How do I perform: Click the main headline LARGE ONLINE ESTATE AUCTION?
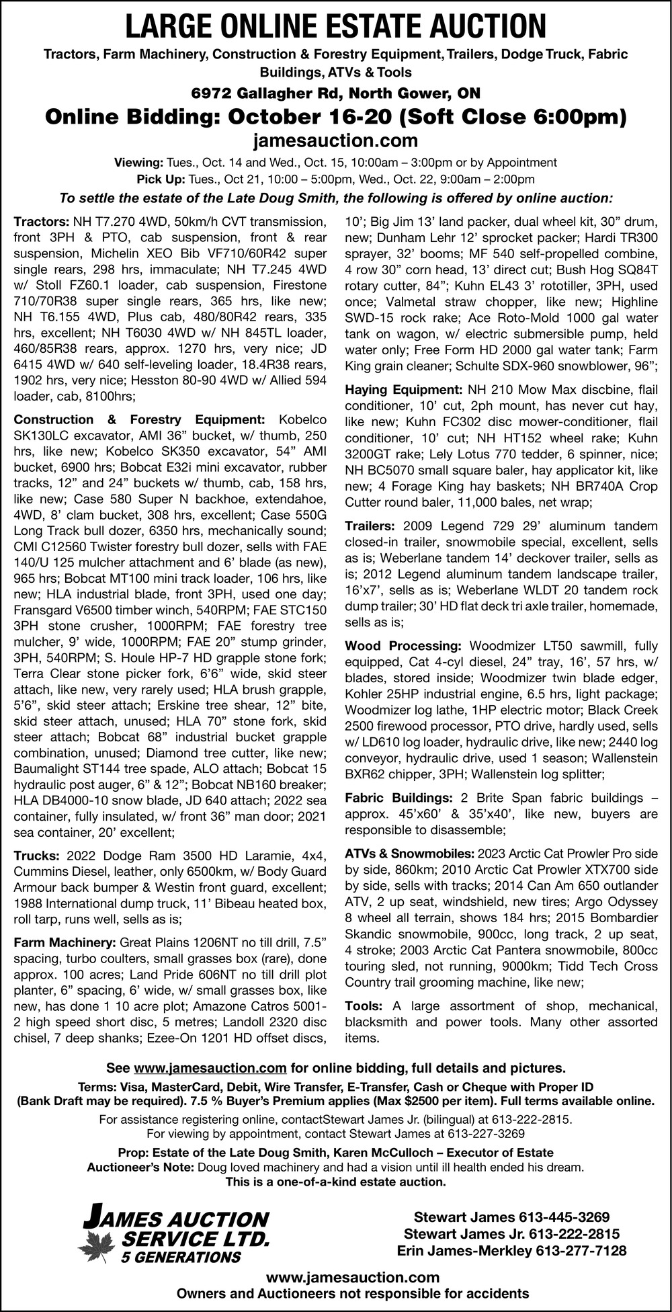(336, 26)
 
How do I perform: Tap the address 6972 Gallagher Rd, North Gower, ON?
(336, 93)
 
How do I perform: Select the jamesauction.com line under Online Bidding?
(336, 141)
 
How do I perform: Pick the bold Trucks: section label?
(35, 856)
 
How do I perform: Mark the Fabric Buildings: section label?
(398, 798)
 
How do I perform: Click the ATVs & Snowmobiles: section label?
(409, 854)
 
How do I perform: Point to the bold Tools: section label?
(364, 1006)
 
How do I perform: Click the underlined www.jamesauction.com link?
(210, 1068)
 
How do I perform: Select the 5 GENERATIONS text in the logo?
(180, 1257)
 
